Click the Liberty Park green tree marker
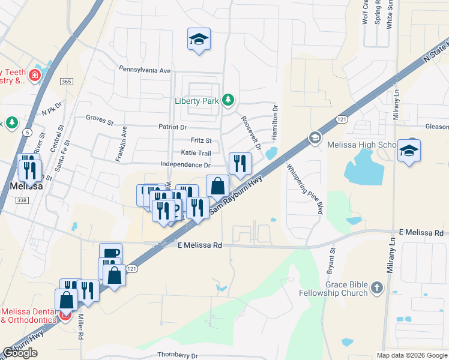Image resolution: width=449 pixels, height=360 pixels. [228, 100]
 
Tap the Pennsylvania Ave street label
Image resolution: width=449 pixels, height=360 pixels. [145, 70]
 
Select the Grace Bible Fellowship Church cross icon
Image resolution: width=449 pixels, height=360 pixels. [376, 287]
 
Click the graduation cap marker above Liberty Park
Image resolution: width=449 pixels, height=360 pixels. [199, 40]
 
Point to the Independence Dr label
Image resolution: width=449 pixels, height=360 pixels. [185, 165]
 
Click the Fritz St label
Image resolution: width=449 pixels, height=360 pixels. [200, 140]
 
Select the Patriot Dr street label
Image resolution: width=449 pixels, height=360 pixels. [173, 127]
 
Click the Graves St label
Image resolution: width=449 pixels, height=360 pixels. [100, 119]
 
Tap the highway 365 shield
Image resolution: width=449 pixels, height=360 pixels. [67, 81]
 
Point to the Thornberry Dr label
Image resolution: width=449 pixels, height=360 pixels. [178, 355]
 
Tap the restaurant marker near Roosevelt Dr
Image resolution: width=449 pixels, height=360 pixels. [240, 163]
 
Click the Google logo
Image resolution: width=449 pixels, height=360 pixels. [20, 353]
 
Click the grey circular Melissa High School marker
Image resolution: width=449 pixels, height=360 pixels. [314, 139]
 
